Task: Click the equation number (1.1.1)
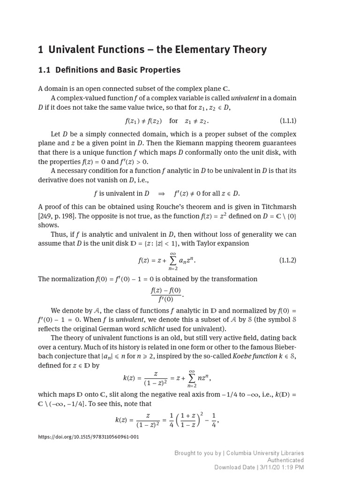pyautogui.click(x=288, y=121)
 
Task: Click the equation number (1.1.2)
pyautogui.click(x=288, y=260)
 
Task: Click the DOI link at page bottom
pyautogui.click(x=88, y=437)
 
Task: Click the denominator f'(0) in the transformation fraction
pyautogui.click(x=165, y=300)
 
